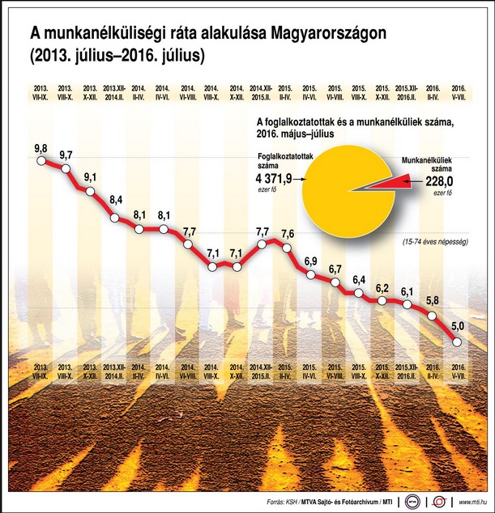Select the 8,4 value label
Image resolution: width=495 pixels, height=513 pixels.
pos(115,199)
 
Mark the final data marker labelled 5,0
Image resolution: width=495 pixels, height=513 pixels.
pos(459,342)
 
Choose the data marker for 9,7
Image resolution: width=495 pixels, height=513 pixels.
pos(66,167)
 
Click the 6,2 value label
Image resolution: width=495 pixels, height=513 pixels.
pos(385,289)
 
